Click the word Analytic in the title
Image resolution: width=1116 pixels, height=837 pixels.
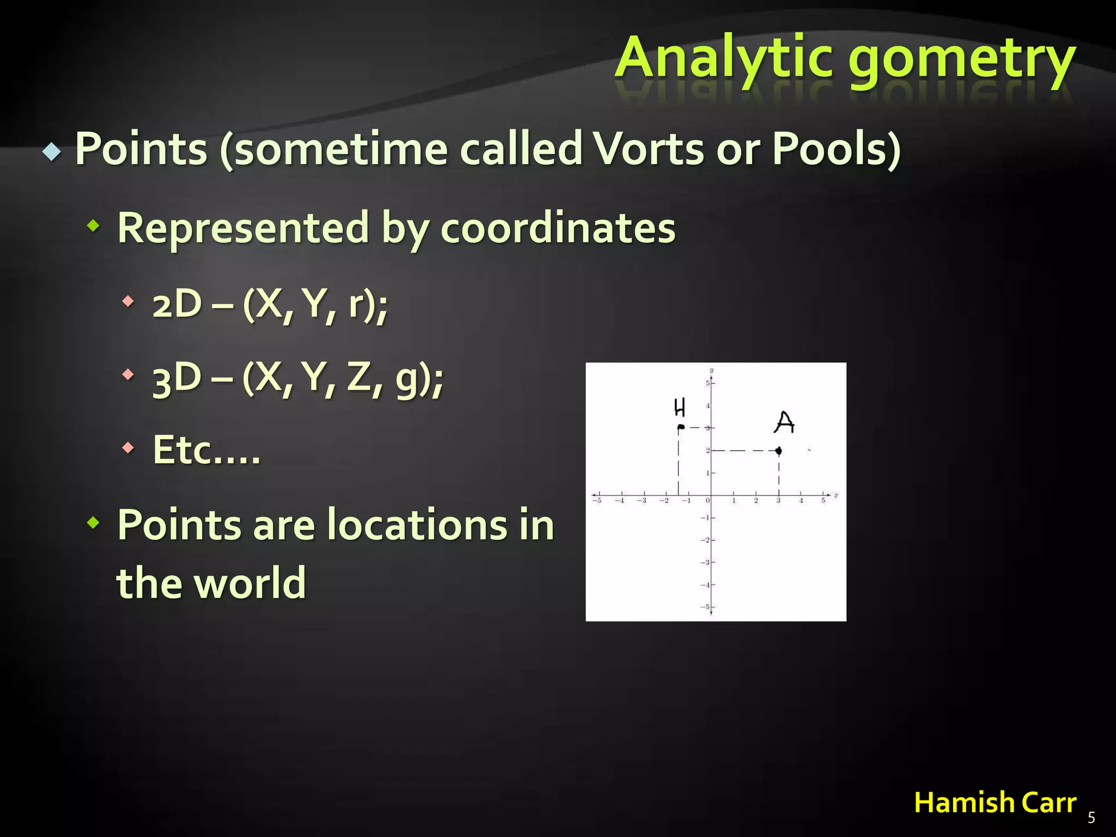pyautogui.click(x=725, y=57)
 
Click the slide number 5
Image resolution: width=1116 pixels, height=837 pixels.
pyautogui.click(x=1091, y=817)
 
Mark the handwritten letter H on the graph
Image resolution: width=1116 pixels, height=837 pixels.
pyautogui.click(x=679, y=408)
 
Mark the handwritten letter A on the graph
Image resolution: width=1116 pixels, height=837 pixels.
pyautogui.click(x=784, y=422)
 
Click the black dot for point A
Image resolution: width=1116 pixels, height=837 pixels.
pyautogui.click(x=779, y=451)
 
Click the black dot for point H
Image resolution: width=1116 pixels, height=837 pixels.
pyautogui.click(x=681, y=427)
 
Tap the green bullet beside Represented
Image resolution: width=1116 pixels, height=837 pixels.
pyautogui.click(x=94, y=226)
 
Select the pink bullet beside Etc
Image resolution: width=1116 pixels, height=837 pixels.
pyautogui.click(x=128, y=448)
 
